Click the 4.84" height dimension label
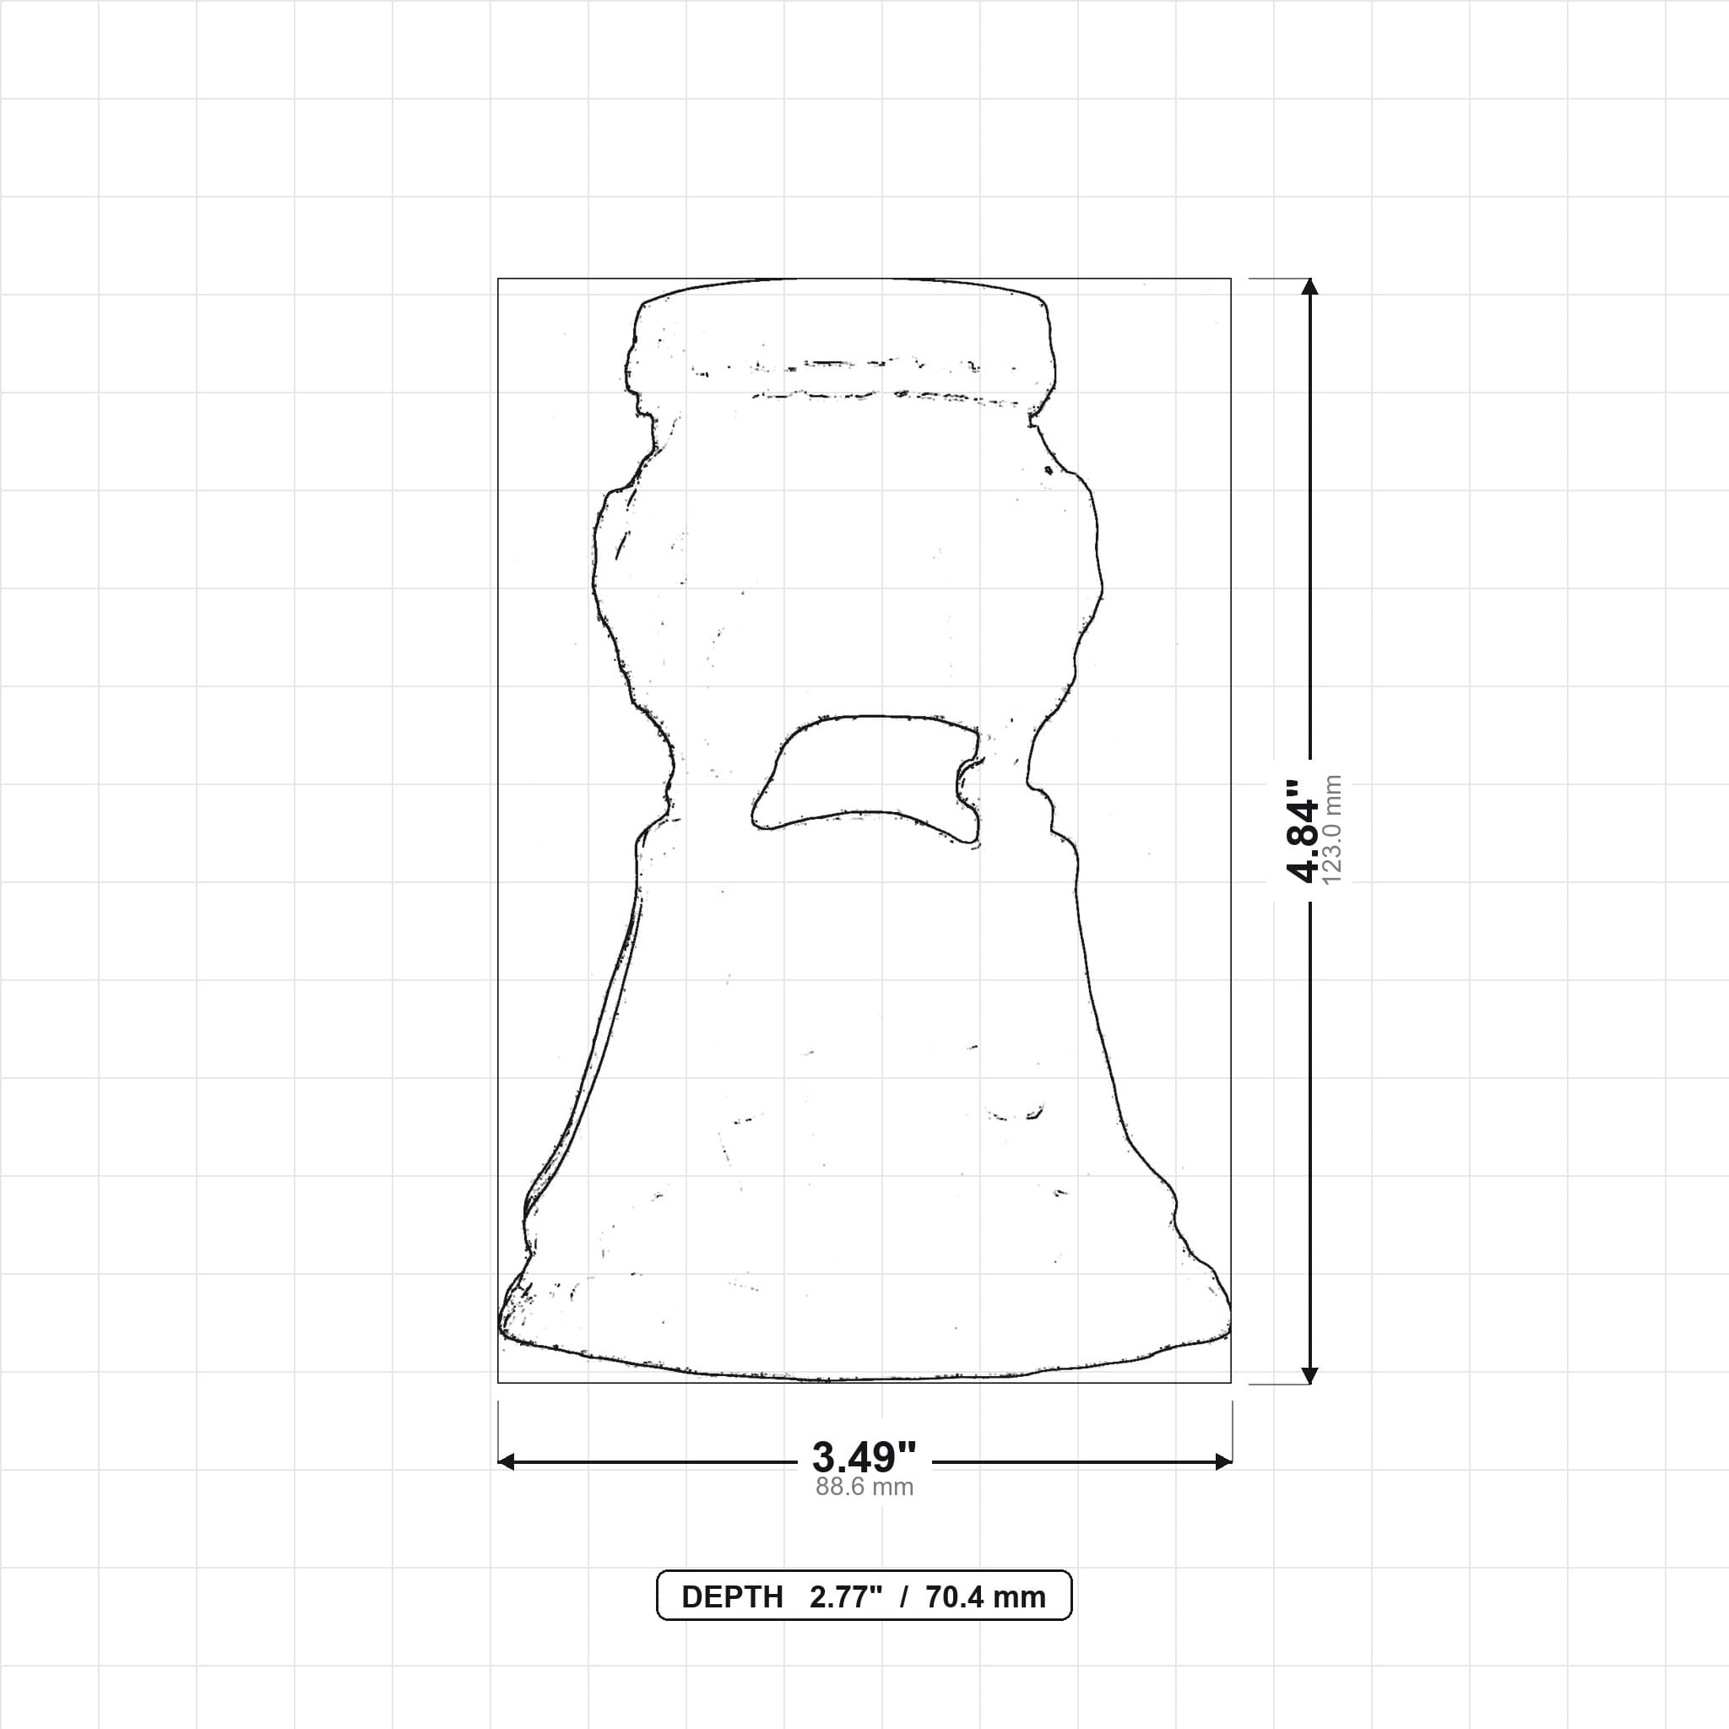coord(1302,832)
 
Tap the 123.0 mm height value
coord(1331,831)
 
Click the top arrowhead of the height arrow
coord(1310,285)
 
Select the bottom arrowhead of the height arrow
coord(1310,1375)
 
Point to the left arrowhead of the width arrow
coord(506,1462)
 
